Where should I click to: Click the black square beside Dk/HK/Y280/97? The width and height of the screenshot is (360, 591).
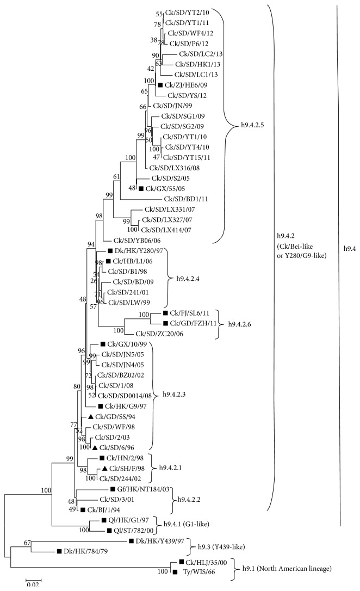click(x=109, y=251)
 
